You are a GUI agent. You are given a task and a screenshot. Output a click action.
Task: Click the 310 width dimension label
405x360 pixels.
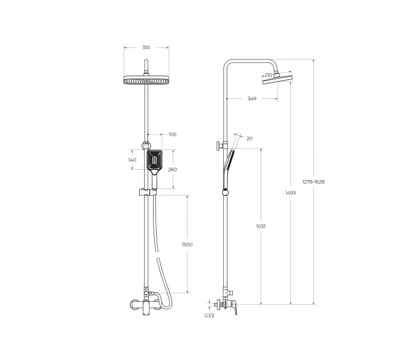[146, 47]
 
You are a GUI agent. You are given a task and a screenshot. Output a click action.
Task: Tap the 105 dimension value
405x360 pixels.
[173, 134]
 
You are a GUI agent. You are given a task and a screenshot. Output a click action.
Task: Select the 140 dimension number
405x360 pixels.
[132, 160]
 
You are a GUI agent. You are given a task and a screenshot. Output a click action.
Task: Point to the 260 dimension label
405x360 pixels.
[173, 169]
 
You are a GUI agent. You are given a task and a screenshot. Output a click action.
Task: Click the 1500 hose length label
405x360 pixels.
[187, 244]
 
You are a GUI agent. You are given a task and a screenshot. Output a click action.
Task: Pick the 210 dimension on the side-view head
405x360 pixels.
[268, 75]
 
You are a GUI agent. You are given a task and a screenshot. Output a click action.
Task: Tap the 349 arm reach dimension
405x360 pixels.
[252, 98]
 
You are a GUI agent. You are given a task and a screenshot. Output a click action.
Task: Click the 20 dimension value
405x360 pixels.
[250, 139]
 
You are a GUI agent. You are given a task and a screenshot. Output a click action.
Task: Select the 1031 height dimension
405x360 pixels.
[261, 226]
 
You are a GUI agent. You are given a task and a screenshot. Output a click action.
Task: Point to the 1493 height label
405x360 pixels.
[290, 193]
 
